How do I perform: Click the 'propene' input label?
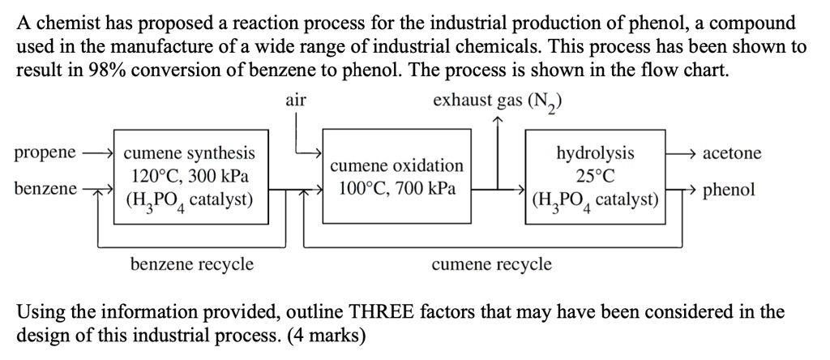click(x=45, y=152)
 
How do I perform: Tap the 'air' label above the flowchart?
click(x=297, y=101)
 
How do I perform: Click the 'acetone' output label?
click(x=732, y=153)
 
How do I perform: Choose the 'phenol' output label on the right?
click(x=729, y=191)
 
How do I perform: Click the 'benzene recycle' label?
click(x=192, y=264)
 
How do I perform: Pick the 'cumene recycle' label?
click(x=492, y=264)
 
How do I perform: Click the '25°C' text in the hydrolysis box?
click(x=595, y=176)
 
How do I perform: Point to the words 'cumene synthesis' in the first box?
click(x=188, y=153)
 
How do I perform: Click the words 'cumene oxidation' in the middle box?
click(x=397, y=165)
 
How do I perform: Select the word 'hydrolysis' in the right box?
click(x=595, y=153)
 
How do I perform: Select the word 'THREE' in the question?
click(x=382, y=312)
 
